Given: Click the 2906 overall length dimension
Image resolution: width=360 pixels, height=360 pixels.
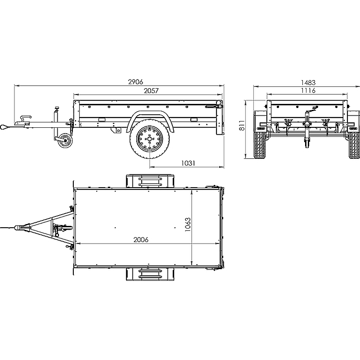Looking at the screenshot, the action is (x=135, y=82).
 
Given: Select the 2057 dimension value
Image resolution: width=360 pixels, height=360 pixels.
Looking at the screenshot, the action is (x=151, y=91).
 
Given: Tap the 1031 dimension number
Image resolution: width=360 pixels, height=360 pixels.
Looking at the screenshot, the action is (x=188, y=163).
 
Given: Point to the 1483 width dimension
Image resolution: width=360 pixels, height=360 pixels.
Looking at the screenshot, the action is (x=308, y=82).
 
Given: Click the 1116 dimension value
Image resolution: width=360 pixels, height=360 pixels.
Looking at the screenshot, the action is (x=308, y=90).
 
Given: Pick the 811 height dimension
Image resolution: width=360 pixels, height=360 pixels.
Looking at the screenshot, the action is (x=242, y=126).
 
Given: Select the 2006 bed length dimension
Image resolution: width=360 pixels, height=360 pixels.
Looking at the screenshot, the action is (x=141, y=240).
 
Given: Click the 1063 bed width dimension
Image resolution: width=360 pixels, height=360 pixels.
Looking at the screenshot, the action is (x=188, y=224).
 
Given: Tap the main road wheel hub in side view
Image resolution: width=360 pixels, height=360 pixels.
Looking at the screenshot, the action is (x=149, y=139).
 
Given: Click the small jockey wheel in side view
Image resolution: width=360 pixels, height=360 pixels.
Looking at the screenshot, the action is (x=65, y=140).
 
